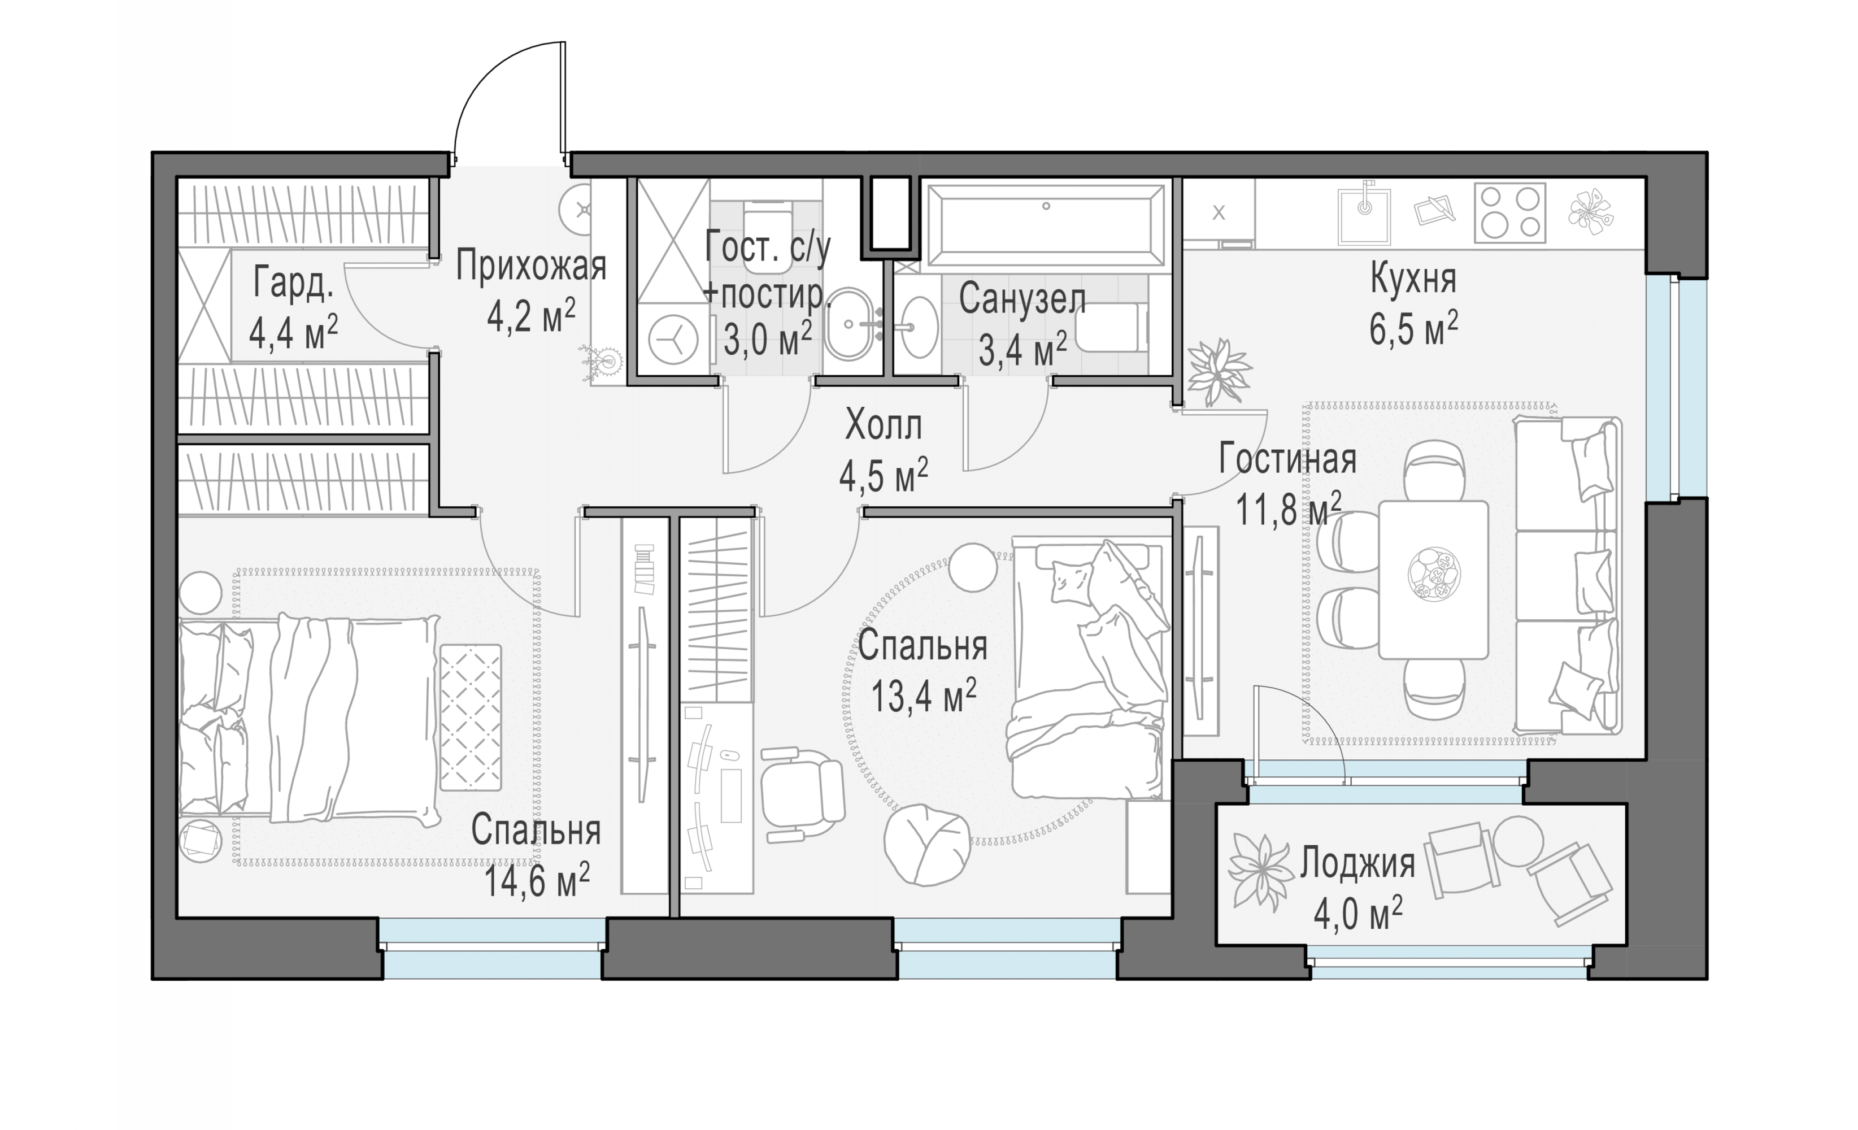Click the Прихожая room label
tap(531, 266)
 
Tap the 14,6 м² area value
tap(536, 880)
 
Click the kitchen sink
tap(1364, 216)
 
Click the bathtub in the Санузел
tap(1046, 225)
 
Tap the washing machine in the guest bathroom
tap(673, 340)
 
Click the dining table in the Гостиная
tap(1433, 579)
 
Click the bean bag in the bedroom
tap(926, 844)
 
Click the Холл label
tap(883, 425)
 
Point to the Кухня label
tap(1413, 279)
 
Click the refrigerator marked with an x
tap(1219, 214)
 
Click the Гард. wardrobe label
tap(293, 282)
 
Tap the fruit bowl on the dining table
tap(1433, 574)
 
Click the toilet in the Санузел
tap(1112, 328)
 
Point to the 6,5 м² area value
tap(1413, 328)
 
